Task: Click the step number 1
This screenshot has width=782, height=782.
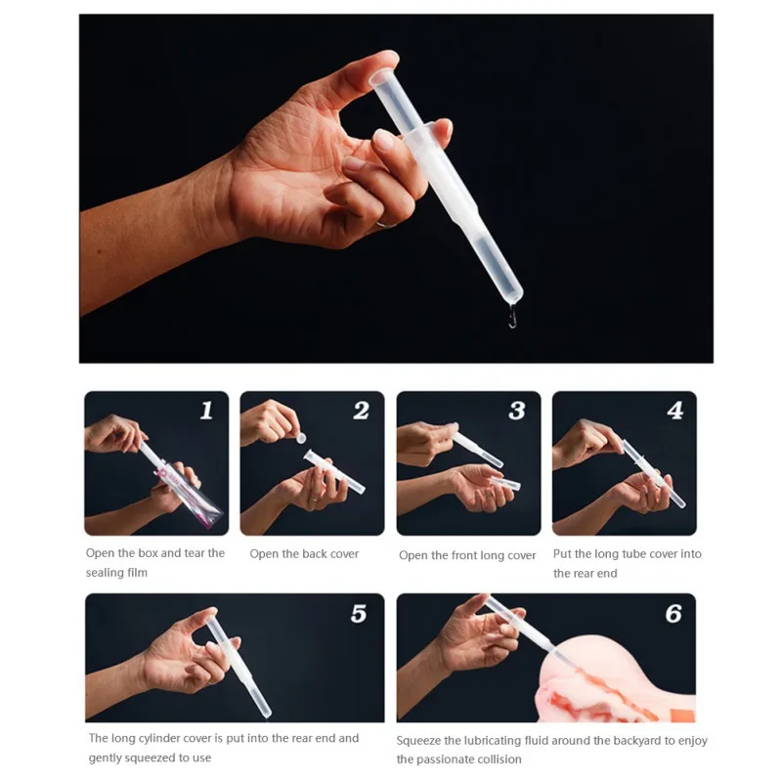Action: [206, 411]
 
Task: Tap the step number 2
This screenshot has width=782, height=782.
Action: [362, 411]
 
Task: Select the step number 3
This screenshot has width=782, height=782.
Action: [517, 411]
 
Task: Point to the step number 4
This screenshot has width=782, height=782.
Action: [674, 411]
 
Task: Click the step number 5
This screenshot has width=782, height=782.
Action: [359, 614]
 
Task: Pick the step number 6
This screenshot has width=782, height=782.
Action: [673, 614]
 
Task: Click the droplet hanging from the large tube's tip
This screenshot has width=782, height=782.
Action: [512, 316]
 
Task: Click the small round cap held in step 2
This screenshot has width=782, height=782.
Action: [301, 438]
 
